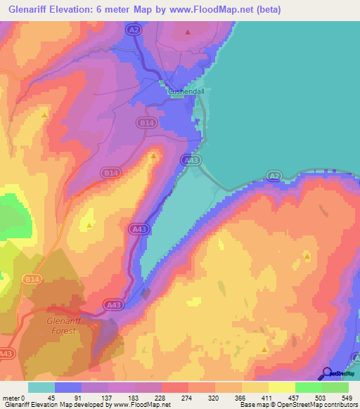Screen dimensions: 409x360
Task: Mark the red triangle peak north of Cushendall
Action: tap(187, 32)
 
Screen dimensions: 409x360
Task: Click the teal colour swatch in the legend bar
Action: tap(41, 387)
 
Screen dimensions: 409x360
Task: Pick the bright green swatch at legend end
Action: tap(335, 387)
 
